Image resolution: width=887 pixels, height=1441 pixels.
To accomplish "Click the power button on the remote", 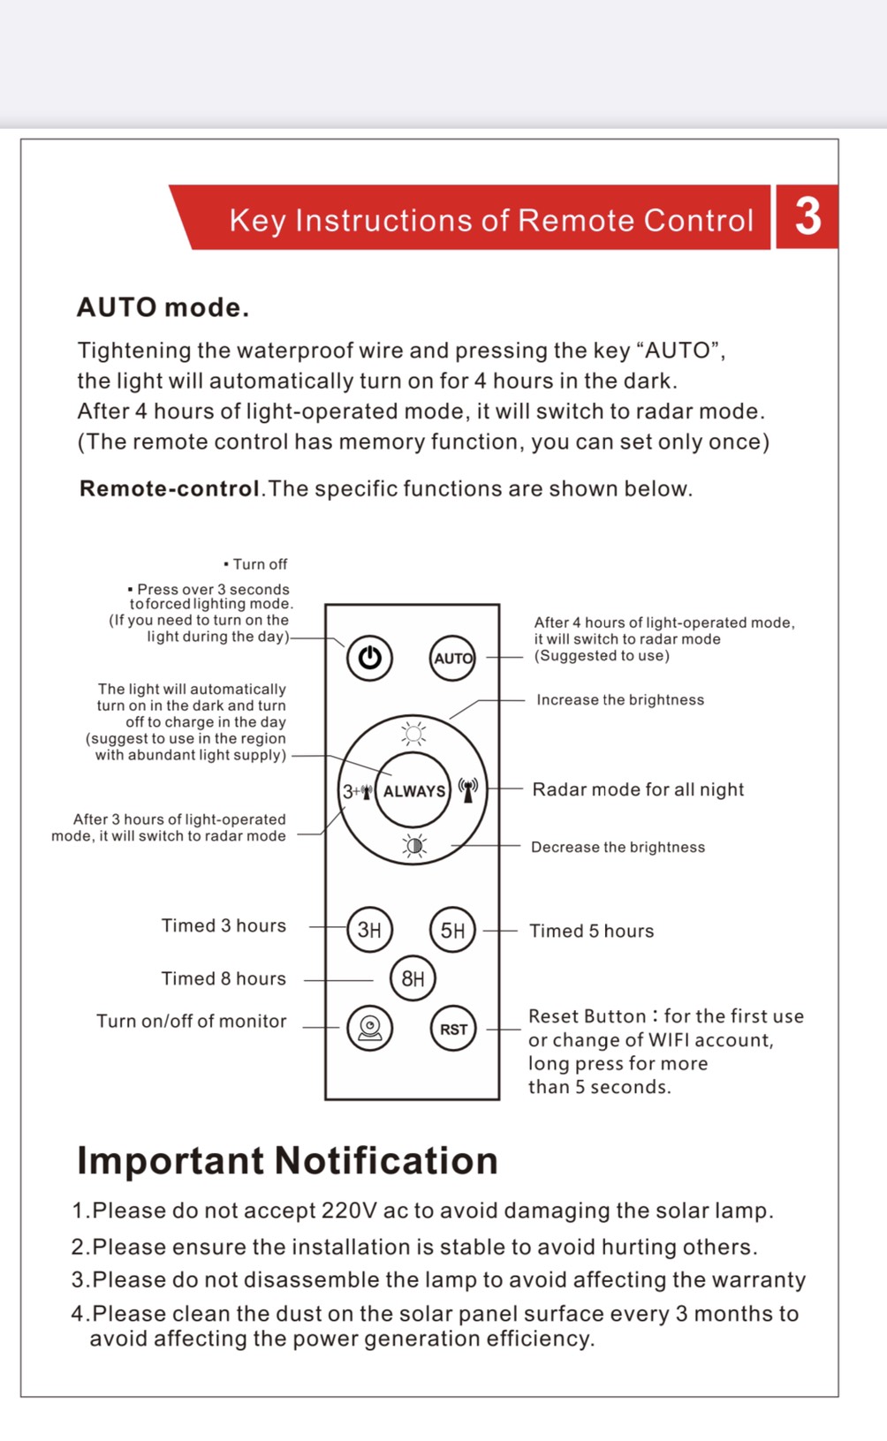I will (369, 658).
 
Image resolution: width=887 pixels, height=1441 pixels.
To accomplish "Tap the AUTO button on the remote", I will (452, 658).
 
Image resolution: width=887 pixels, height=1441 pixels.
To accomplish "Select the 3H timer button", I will (369, 929).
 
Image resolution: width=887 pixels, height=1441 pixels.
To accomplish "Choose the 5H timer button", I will (452, 930).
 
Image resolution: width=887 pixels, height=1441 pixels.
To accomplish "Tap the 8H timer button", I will (413, 978).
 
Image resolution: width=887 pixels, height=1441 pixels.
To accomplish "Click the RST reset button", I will (453, 1029).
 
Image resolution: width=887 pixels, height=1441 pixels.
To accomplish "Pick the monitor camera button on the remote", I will (370, 1028).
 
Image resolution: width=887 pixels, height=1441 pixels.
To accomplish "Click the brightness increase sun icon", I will (413, 734).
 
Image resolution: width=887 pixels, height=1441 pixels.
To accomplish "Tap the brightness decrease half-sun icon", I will (413, 846).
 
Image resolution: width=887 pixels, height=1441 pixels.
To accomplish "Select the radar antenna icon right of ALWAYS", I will (468, 789).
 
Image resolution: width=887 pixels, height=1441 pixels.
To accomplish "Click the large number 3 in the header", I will (807, 217).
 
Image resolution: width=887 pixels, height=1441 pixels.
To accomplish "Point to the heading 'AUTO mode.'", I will (163, 307).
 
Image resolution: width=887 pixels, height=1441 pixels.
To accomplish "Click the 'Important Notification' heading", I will (287, 1160).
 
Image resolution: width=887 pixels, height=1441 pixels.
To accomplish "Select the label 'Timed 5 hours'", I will (591, 931).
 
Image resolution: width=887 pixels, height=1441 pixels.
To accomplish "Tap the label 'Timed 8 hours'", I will (224, 978).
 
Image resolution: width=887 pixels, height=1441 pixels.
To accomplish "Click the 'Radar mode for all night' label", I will (638, 789).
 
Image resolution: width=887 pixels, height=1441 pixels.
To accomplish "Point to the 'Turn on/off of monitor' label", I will (192, 1021).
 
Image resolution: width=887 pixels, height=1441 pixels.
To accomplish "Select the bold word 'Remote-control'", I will (170, 488).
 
